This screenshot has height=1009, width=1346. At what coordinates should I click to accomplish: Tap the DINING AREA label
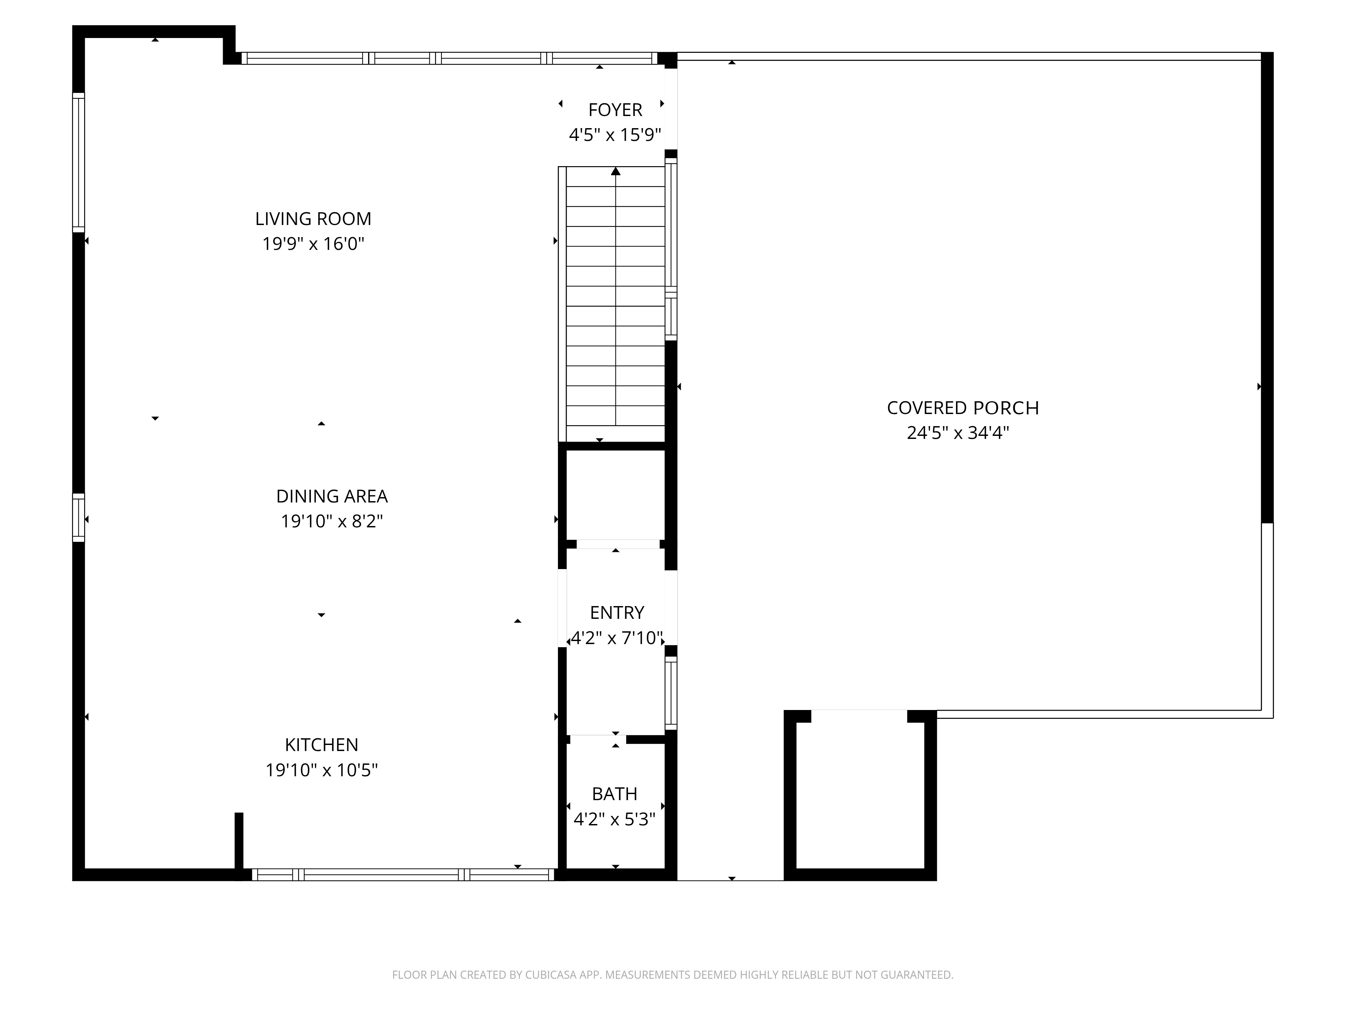pyautogui.click(x=332, y=496)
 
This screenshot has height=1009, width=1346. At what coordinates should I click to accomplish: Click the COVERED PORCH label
pyautogui.click(x=963, y=408)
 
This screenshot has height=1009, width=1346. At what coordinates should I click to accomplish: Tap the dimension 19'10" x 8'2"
pyautogui.click(x=332, y=521)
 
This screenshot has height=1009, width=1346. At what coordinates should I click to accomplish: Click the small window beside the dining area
pyautogui.click(x=78, y=518)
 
